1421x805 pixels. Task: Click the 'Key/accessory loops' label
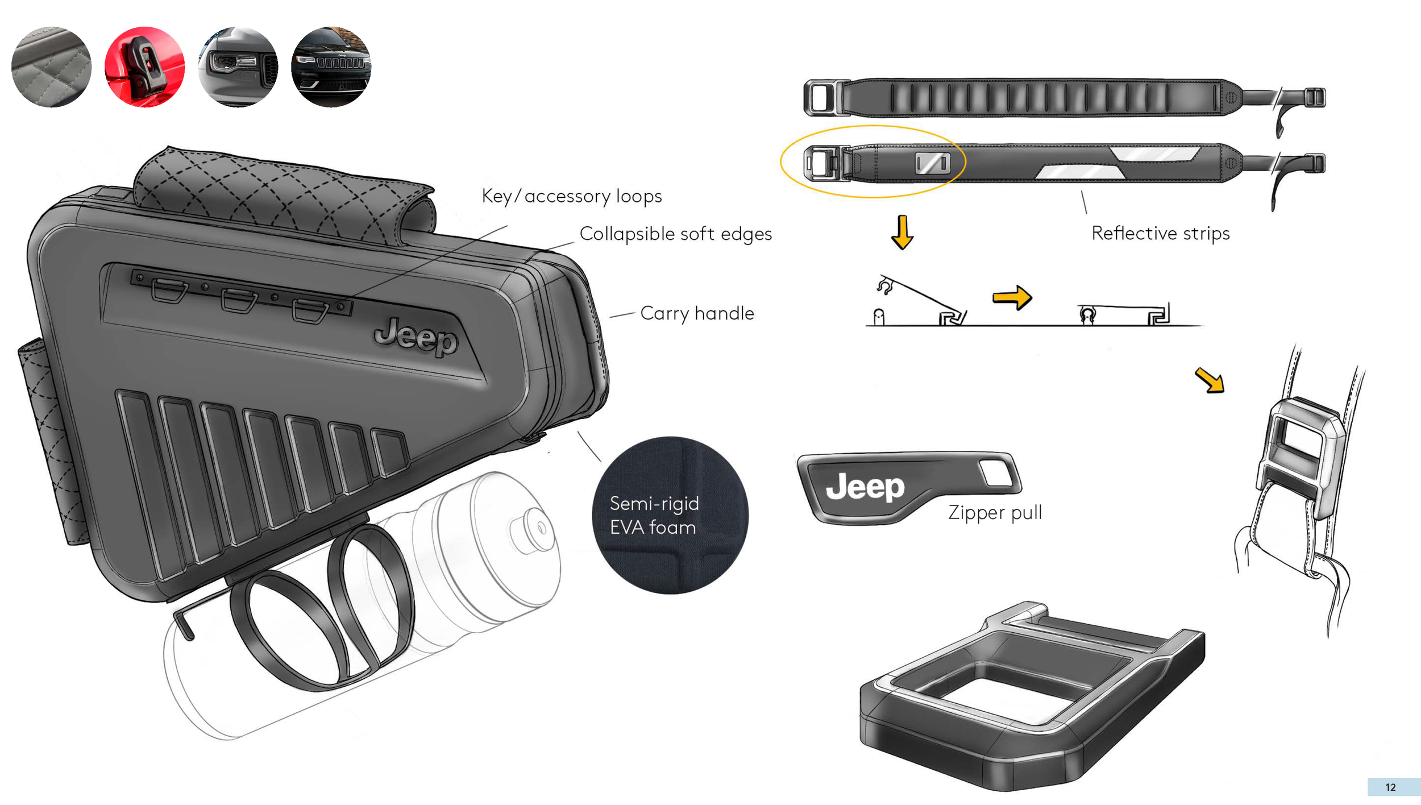coord(572,196)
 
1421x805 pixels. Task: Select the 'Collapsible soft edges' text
coord(675,234)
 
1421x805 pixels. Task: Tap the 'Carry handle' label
coord(697,313)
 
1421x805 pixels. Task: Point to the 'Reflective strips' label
coord(1160,233)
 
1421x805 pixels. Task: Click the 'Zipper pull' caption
coord(995,512)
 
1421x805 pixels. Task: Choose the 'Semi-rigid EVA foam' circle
coord(670,515)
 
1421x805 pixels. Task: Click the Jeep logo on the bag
coord(416,337)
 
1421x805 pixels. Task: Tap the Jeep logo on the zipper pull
coord(865,487)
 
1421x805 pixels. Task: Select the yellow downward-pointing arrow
coord(902,232)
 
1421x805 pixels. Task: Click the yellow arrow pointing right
coord(1012,297)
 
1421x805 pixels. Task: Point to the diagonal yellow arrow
coord(1210,380)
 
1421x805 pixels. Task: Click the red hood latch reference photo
coord(145,67)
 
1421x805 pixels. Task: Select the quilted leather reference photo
coord(51,67)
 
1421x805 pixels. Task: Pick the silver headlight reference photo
coord(238,67)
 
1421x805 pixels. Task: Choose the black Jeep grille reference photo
coord(331,67)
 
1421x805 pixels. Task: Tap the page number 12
coord(1390,787)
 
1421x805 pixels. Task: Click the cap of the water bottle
coord(533,529)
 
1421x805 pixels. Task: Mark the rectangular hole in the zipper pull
coord(996,472)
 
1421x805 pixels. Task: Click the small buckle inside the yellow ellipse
coord(932,164)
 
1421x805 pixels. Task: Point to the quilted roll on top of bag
coord(284,196)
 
